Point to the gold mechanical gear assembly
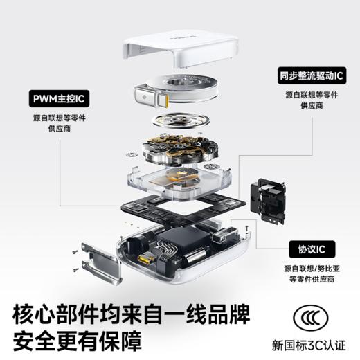[x=179, y=149]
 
